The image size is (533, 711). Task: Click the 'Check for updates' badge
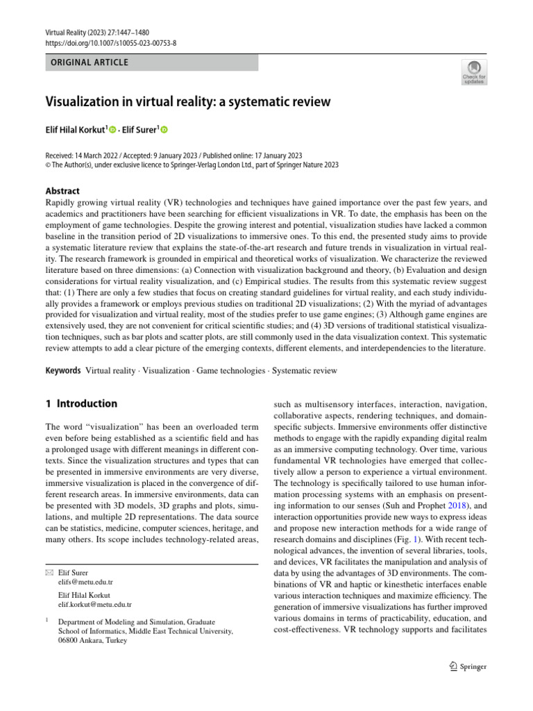(475, 72)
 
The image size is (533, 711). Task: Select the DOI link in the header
(111, 42)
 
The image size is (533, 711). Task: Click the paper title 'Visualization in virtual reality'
(187, 102)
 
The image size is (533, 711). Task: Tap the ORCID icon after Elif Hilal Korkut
(112, 130)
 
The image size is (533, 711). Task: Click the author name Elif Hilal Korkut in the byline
(75, 130)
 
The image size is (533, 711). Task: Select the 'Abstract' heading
(62, 191)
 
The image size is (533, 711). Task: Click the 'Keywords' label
(63, 371)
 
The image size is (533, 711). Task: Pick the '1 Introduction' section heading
(81, 403)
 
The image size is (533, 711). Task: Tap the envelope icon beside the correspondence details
(49, 573)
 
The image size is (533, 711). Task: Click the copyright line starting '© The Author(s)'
(192, 165)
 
